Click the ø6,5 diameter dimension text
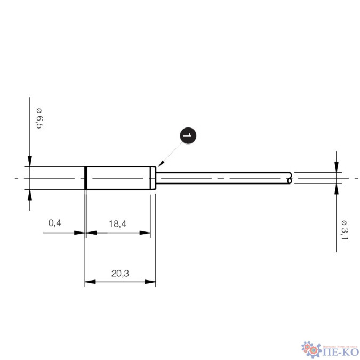click(x=39, y=118)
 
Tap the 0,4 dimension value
click(x=55, y=223)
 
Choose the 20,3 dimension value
click(x=120, y=273)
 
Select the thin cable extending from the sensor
click(x=224, y=178)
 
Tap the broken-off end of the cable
click(x=290, y=178)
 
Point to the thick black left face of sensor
click(x=86, y=178)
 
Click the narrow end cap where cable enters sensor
click(x=154, y=178)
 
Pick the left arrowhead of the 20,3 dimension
click(x=89, y=282)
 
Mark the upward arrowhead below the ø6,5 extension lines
click(x=30, y=194)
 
